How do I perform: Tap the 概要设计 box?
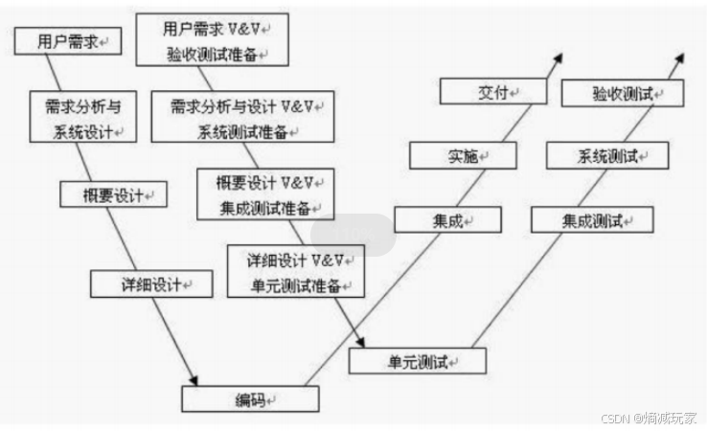(112, 194)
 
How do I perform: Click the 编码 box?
(250, 398)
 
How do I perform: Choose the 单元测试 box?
(417, 361)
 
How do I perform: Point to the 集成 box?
(446, 220)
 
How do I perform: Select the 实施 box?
(464, 155)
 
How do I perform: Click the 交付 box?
(493, 92)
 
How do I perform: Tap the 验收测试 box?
(623, 93)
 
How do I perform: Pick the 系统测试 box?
(605, 155)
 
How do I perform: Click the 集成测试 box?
(592, 220)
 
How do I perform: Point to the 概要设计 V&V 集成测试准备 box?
(266, 194)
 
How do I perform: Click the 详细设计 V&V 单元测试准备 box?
(295, 271)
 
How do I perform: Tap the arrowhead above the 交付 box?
(557, 57)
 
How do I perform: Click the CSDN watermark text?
(649, 419)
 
